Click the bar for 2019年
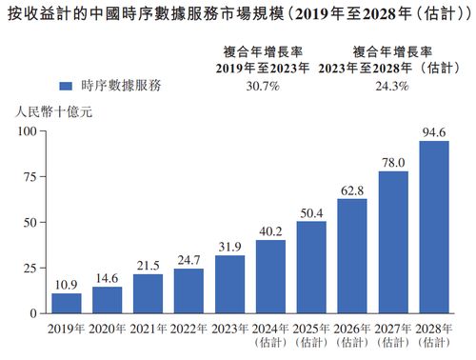[66, 303]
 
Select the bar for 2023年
[229, 284]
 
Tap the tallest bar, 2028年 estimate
[434, 227]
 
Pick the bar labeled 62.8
[352, 255]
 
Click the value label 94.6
[434, 132]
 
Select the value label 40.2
[270, 231]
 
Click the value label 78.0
[393, 163]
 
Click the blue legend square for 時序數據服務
[66, 85]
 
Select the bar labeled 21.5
[148, 293]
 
